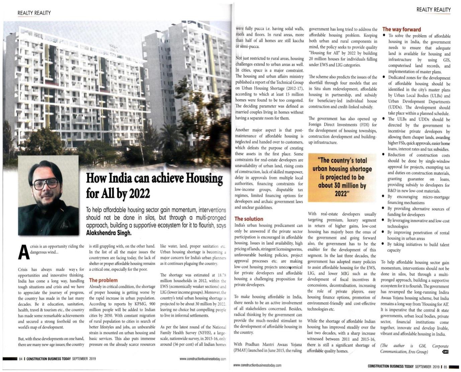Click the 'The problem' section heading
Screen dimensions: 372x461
click(x=103, y=280)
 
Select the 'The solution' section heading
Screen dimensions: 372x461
click(x=249, y=219)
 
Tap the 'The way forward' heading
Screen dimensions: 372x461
click(x=401, y=29)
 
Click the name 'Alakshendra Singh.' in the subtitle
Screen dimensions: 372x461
click(x=109, y=233)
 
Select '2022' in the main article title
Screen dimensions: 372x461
click(x=139, y=193)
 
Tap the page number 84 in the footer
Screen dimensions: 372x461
click(x=21, y=359)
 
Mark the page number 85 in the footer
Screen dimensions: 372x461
click(x=445, y=367)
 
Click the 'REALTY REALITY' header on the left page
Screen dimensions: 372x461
click(x=34, y=13)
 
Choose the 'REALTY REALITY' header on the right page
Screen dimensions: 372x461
click(x=433, y=10)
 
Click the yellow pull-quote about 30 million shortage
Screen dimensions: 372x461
click(x=342, y=177)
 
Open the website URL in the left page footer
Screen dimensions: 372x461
click(x=203, y=359)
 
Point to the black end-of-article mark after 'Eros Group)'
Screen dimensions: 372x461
click(x=445, y=352)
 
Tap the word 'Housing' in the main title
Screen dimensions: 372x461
click(x=204, y=178)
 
